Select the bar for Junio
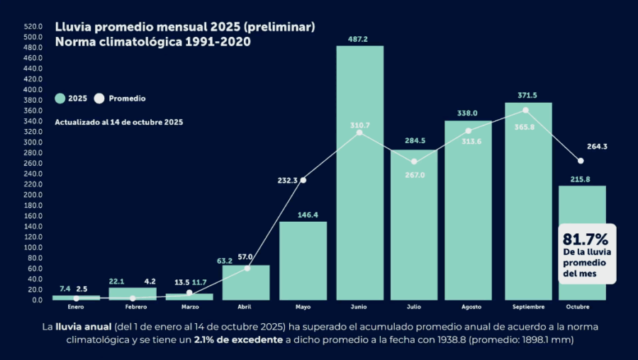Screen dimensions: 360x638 [359, 177]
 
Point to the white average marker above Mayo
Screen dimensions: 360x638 [303, 180]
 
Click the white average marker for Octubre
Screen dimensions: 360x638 [581, 161]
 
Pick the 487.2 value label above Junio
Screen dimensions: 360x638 [358, 39]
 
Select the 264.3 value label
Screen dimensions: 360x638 [598, 147]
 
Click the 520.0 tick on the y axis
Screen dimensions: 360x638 [33, 26]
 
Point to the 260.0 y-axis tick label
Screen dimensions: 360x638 [33, 163]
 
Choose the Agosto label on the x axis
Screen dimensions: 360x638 [471, 307]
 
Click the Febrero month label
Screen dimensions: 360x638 [135, 307]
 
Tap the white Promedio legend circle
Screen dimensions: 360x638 [99, 99]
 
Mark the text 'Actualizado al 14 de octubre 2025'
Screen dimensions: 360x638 [119, 122]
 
